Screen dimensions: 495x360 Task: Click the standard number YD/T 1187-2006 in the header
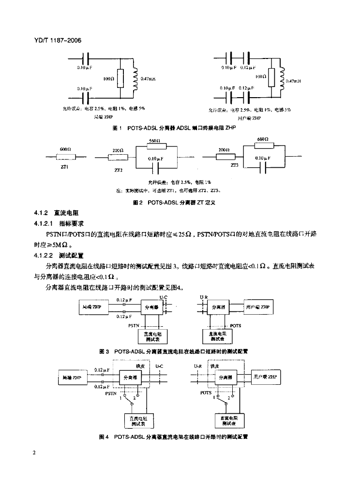click(54, 41)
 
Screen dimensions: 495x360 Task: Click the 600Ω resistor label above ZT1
click(66, 149)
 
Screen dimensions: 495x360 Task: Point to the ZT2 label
click(118, 170)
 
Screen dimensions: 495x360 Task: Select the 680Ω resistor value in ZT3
click(264, 139)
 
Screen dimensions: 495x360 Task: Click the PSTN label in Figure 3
click(134, 325)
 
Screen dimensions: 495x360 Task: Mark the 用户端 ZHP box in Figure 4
click(265, 377)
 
